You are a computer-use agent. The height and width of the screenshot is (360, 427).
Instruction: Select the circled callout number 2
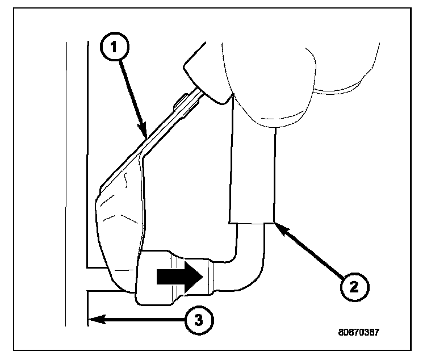pos(354,284)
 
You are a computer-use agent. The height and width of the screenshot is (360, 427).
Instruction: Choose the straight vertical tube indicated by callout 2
pos(252,170)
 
